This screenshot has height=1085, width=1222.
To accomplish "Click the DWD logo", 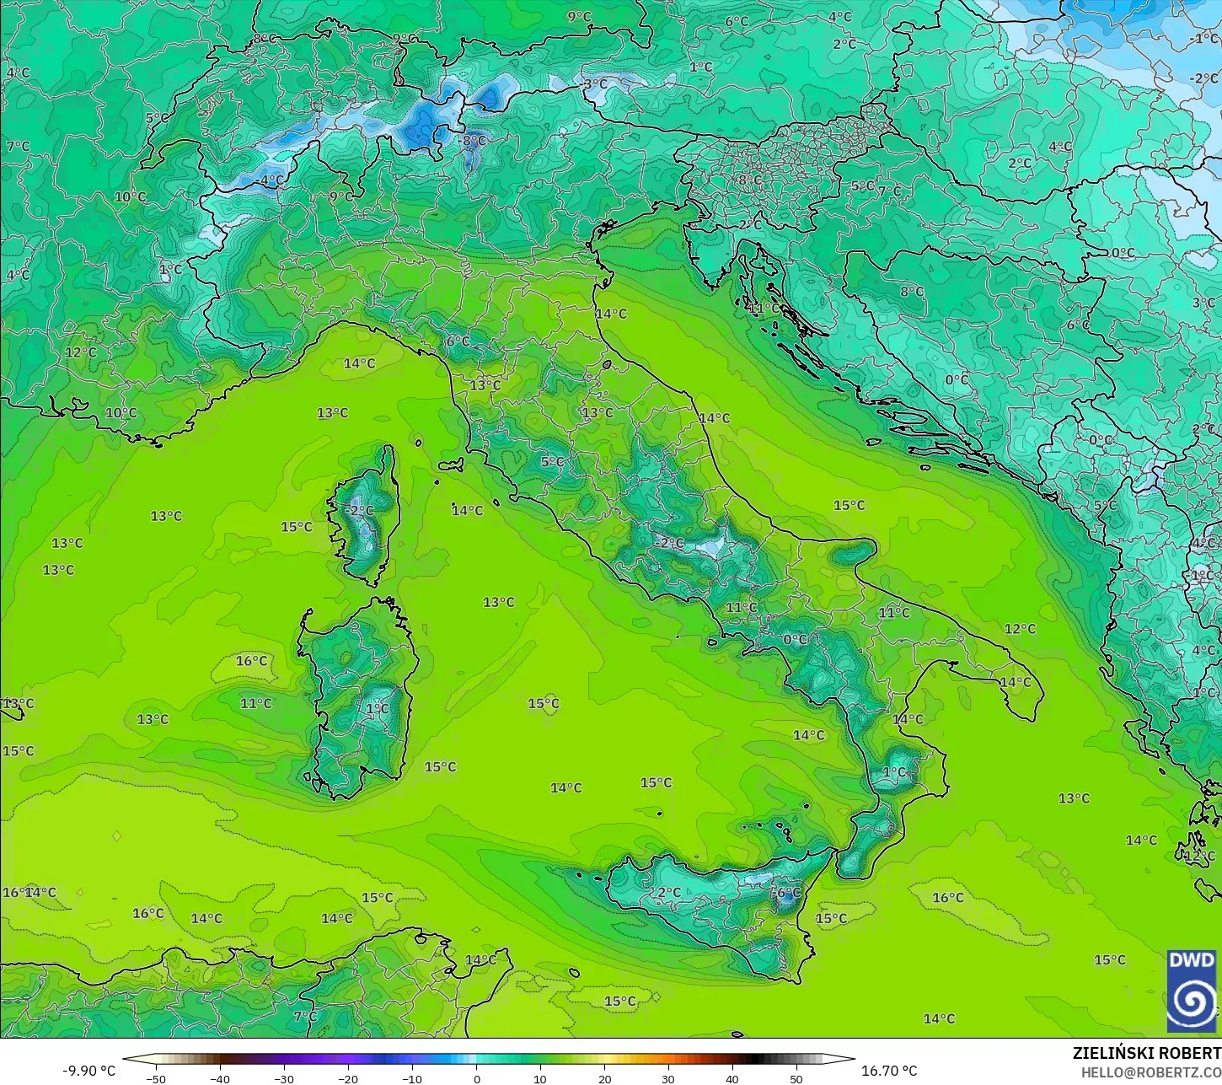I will [1192, 991].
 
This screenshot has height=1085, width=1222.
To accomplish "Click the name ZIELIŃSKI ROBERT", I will [1146, 1053].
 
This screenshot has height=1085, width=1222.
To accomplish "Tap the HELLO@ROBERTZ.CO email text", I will [1151, 1072].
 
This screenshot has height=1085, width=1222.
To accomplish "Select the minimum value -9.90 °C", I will [88, 1071].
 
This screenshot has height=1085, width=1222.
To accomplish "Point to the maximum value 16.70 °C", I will [889, 1071].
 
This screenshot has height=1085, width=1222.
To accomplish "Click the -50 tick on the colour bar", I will [156, 1078].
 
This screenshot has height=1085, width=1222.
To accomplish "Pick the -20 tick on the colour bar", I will [348, 1078].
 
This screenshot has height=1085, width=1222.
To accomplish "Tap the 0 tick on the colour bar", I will [476, 1078].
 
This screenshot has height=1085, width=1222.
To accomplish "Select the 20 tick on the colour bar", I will [604, 1078].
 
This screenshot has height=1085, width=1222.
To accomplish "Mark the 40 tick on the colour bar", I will [732, 1078].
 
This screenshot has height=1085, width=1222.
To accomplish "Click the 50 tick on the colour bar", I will [796, 1078].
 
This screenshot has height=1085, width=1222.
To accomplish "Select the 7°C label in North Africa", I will [304, 1017].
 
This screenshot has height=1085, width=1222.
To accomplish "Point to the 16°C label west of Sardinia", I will [251, 661].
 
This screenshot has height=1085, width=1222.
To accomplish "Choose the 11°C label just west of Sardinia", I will [256, 703].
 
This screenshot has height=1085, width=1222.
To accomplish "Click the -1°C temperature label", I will [1204, 39].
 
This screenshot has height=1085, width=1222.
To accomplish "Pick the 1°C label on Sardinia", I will [378, 709].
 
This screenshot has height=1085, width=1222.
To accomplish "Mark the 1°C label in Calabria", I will [894, 772].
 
